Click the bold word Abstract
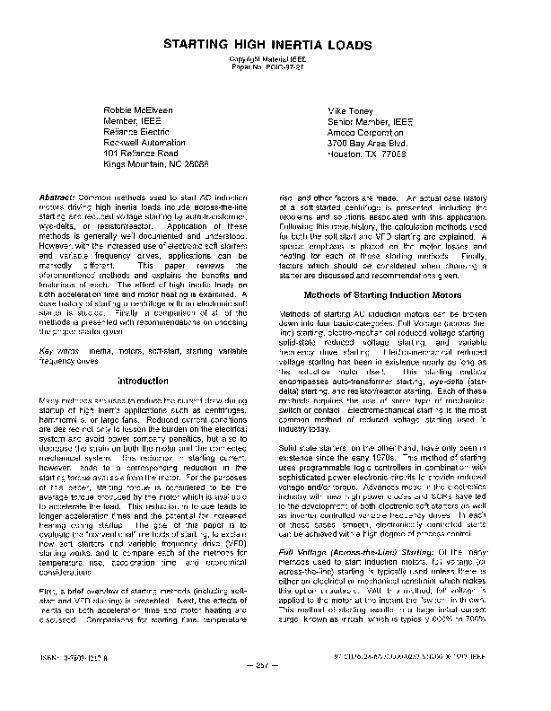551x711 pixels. [57, 195]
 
